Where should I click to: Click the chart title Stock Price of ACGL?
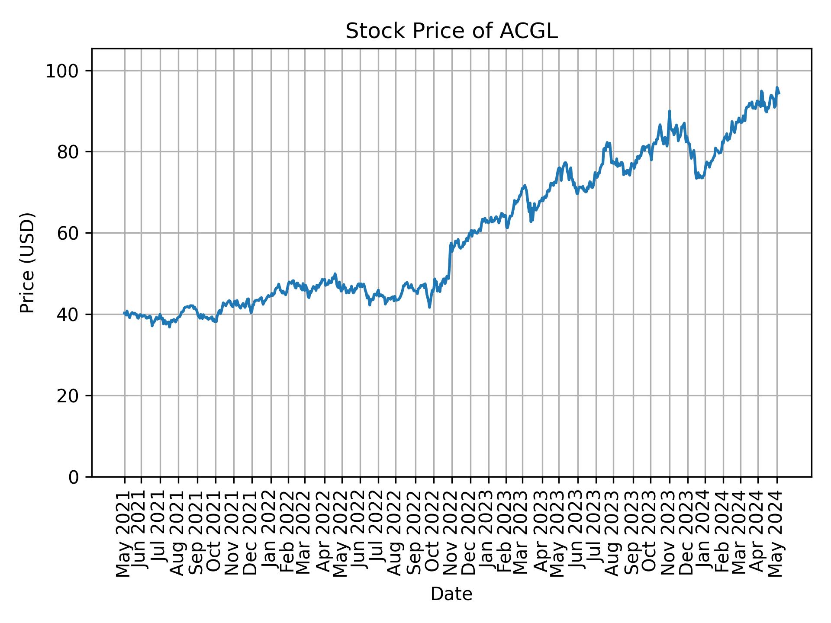point(451,32)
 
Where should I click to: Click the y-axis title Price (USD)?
point(28,263)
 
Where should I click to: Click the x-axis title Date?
point(451,594)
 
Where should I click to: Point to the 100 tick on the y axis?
point(65,71)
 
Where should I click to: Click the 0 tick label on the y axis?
point(74,477)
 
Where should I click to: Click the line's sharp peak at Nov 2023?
point(669,111)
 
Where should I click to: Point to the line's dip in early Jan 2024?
point(696,178)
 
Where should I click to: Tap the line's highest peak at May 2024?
point(777,87)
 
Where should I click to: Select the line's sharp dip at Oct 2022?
point(429,307)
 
